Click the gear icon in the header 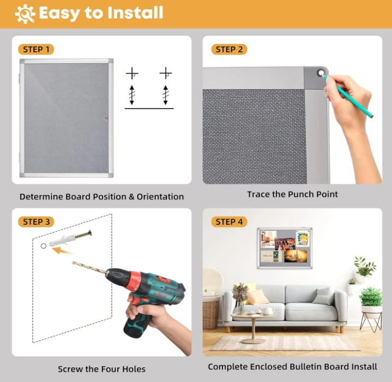click(25, 13)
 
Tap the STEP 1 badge click(37, 50)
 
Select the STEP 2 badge click(229, 50)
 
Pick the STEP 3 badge click(37, 222)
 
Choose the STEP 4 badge click(229, 222)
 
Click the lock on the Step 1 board click(106, 118)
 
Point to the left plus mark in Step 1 click(132, 73)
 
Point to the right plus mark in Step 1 click(166, 73)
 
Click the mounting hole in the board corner click(321, 72)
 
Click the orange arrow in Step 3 click(64, 250)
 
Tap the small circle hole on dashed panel click(44, 246)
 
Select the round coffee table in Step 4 click(254, 319)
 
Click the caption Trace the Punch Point click(292, 194)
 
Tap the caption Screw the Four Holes click(101, 369)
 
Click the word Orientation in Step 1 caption click(159, 196)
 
